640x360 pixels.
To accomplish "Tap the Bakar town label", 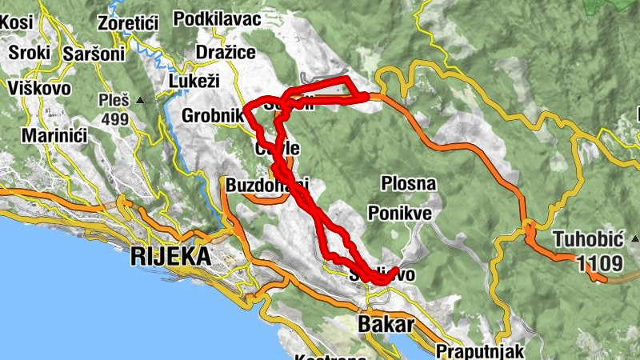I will pos(387,324).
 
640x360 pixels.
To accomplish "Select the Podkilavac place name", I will pos(218,18).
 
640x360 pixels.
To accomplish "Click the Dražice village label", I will pos(226,53).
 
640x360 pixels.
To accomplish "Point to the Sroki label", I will pos(30,54).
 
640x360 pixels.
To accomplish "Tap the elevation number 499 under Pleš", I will pos(114,119).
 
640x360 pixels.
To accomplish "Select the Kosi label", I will pos(16,22).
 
